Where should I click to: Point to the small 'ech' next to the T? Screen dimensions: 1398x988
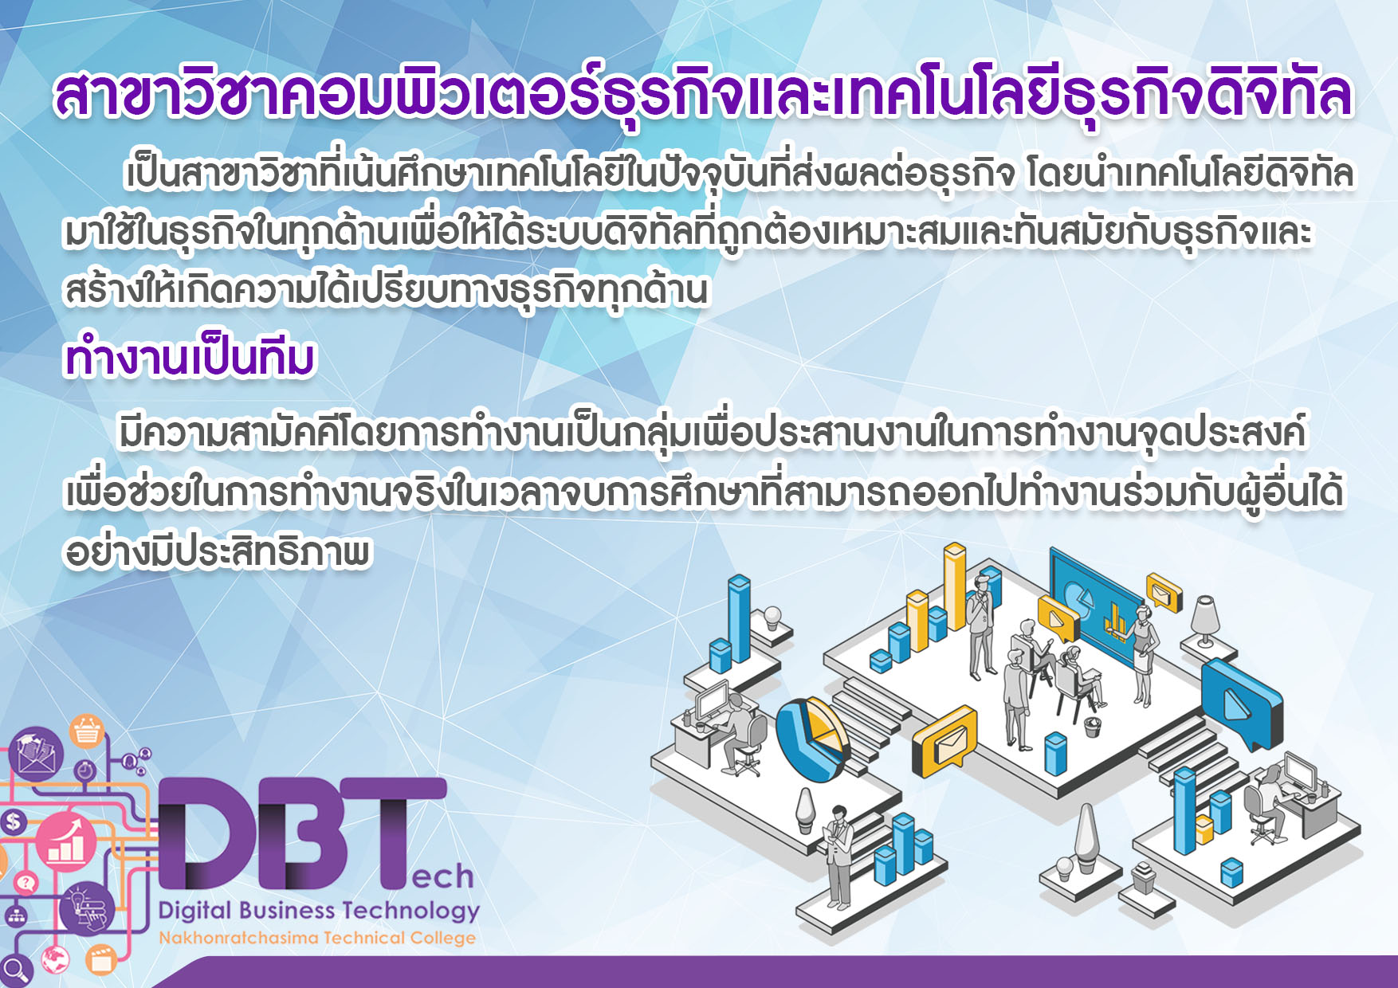click(442, 876)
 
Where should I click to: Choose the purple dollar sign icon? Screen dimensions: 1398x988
click(14, 821)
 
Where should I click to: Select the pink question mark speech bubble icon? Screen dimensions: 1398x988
click(26, 882)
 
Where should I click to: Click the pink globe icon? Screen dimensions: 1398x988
click(55, 958)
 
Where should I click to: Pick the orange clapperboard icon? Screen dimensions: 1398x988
click(101, 959)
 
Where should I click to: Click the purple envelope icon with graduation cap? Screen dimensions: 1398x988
click(36, 753)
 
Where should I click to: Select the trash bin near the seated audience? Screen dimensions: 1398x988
click(1093, 726)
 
